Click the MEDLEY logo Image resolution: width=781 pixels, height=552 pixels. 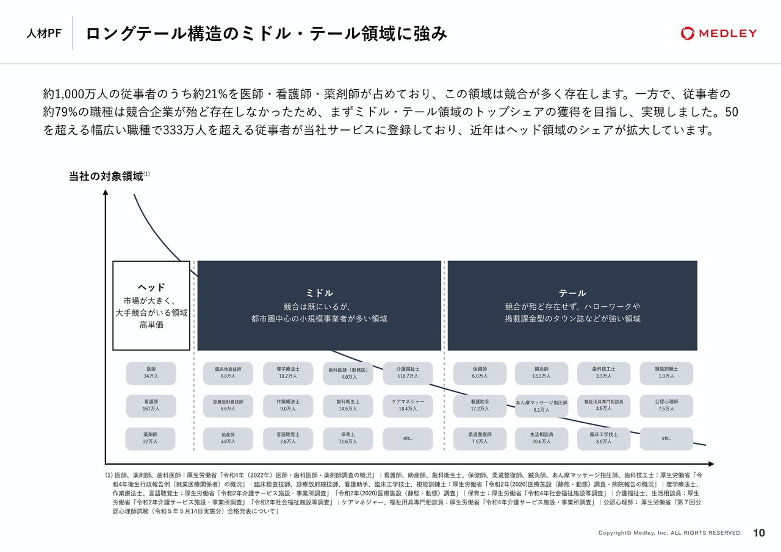pyautogui.click(x=719, y=34)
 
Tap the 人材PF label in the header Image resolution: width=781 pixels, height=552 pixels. pyautogui.click(x=44, y=34)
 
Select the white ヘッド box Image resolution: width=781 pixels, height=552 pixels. pyautogui.click(x=151, y=306)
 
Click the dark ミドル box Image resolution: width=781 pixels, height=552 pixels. pyautogui.click(x=319, y=306)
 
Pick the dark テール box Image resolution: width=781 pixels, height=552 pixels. pyautogui.click(x=572, y=306)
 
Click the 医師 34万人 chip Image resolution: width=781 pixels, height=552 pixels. pyautogui.click(x=151, y=373)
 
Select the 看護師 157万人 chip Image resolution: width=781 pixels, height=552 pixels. pyautogui.click(x=151, y=406)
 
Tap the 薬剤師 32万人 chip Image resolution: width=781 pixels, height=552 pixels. pyautogui.click(x=150, y=439)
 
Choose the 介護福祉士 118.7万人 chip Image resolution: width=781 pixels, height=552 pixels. pyautogui.click(x=408, y=373)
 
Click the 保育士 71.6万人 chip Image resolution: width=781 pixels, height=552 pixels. pyautogui.click(x=348, y=439)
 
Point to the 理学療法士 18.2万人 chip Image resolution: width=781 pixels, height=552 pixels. pyautogui.click(x=287, y=373)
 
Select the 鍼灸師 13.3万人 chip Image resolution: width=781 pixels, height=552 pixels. pyautogui.click(x=541, y=373)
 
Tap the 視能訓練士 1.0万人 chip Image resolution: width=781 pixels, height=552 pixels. pyautogui.click(x=666, y=373)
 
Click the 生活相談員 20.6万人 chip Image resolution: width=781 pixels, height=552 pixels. pyautogui.click(x=541, y=439)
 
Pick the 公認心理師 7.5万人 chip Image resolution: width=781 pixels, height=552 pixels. pyautogui.click(x=666, y=406)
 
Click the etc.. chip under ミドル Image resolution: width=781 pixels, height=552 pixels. pyautogui.click(x=408, y=439)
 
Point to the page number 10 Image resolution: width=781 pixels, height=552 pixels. pyautogui.click(x=759, y=533)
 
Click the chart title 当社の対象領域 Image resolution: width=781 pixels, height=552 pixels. pyautogui.click(x=106, y=176)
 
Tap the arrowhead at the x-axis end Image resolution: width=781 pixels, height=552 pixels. pyautogui.click(x=712, y=464)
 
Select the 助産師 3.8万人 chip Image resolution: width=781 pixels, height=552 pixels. pyautogui.click(x=228, y=439)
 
